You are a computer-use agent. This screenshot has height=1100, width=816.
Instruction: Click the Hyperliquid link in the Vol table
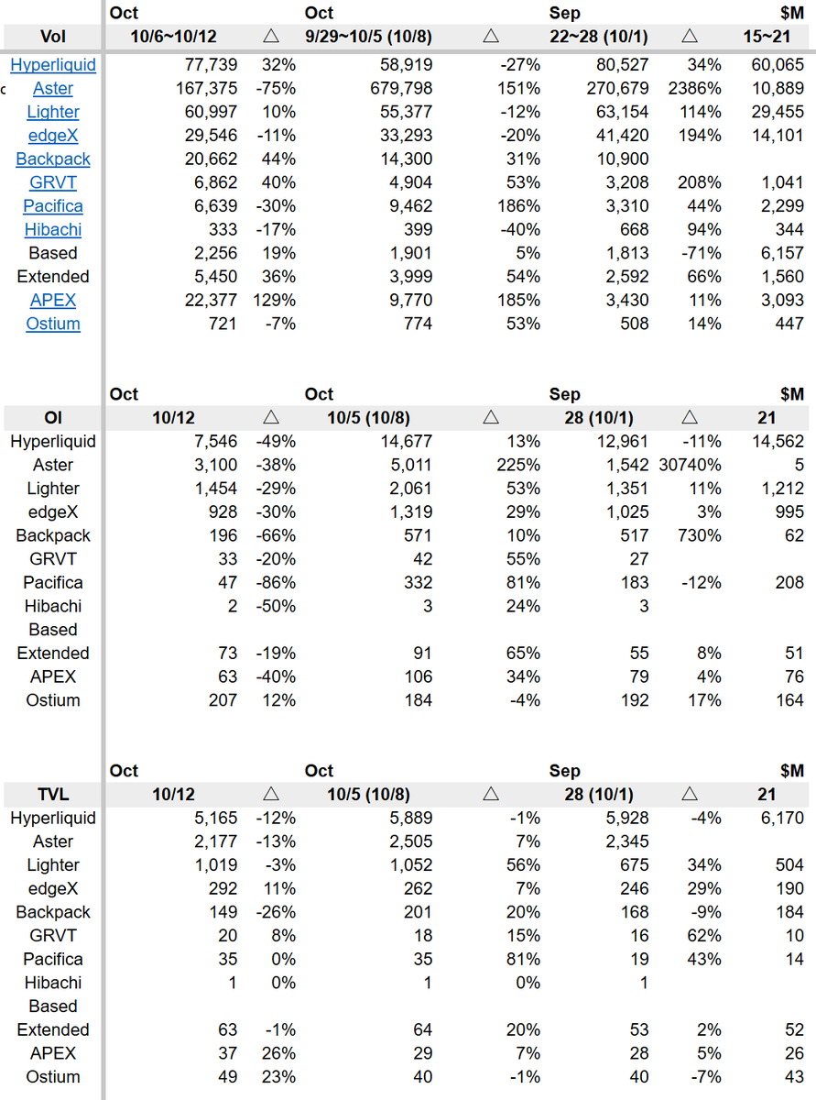coord(53,65)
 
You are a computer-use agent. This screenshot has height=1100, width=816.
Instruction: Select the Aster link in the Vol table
coord(53,89)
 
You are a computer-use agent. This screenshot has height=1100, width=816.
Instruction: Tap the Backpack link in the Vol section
coord(53,159)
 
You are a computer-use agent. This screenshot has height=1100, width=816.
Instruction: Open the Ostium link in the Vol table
coord(53,324)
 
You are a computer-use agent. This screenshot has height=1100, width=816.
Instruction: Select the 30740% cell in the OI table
coord(689,465)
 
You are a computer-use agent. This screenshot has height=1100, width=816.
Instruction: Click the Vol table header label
coord(53,37)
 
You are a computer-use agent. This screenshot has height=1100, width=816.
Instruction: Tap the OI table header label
coord(53,417)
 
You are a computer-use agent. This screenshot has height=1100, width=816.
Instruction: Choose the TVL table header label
coord(53,794)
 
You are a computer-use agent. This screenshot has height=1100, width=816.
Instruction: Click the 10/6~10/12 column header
coord(173,37)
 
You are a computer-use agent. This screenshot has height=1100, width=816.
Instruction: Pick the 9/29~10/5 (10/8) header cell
coord(368,37)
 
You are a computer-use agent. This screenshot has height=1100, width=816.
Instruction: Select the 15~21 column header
coord(767,37)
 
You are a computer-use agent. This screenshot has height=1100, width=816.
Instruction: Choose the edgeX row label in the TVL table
coord(53,888)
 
